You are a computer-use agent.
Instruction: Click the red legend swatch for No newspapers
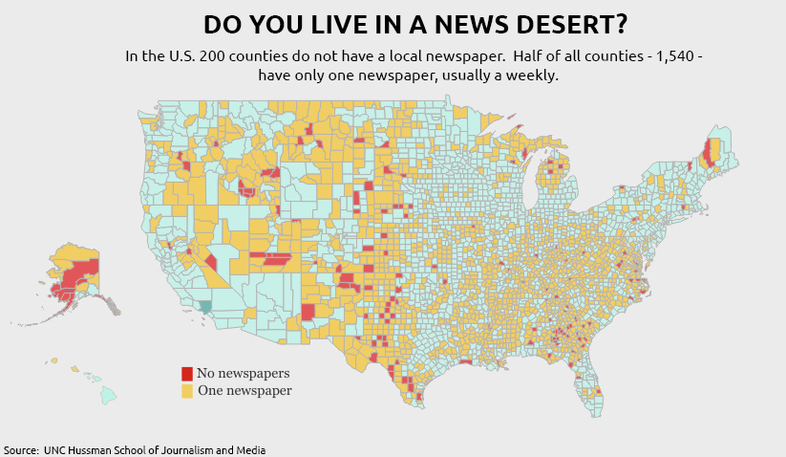coord(187,374)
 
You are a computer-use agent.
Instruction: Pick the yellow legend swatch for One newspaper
coord(187,391)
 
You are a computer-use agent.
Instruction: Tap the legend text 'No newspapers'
coord(243,374)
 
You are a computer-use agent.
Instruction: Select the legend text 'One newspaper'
coord(244,391)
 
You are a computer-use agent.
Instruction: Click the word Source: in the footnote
coord(21,449)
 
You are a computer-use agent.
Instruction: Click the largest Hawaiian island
coord(109,393)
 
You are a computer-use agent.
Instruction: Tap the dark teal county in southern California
coord(205,308)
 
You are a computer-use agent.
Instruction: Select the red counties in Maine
coord(709,153)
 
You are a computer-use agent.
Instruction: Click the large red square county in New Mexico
coord(308,313)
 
